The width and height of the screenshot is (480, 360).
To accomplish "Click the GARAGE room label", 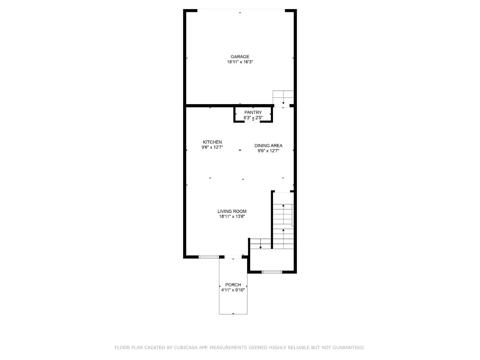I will [x=240, y=56].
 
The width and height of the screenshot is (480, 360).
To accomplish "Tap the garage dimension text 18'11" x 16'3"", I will [x=240, y=62].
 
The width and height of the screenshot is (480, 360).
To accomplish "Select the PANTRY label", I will [x=253, y=112].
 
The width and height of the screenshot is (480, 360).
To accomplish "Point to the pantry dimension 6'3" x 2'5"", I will [x=253, y=118].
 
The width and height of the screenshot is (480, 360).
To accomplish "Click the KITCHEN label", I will [x=212, y=142].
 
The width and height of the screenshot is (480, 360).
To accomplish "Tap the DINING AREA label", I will [x=268, y=145].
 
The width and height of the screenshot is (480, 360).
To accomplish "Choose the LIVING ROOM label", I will [x=232, y=211].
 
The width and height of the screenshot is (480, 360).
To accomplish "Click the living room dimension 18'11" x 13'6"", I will [x=232, y=216].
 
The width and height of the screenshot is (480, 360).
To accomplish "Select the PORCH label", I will [x=233, y=285].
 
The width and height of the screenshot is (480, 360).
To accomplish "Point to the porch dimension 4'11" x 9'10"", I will [x=233, y=290].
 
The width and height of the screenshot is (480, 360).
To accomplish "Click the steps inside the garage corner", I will [x=283, y=97].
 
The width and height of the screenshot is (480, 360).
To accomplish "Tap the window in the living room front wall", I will [x=209, y=257].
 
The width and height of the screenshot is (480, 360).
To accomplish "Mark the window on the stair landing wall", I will [x=272, y=272].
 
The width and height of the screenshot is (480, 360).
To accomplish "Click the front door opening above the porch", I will [x=233, y=257].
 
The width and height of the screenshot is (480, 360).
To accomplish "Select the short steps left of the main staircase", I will [x=260, y=244].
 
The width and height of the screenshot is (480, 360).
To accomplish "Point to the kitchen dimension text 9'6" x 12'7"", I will [x=212, y=147].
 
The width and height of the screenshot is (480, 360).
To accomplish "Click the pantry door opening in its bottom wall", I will [x=253, y=121].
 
